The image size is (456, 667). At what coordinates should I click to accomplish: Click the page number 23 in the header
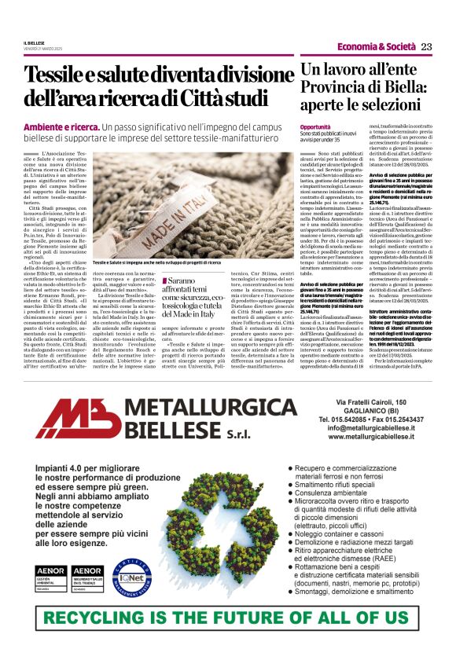coord(426,46)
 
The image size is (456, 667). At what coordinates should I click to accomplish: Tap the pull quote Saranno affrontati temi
coord(194,294)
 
